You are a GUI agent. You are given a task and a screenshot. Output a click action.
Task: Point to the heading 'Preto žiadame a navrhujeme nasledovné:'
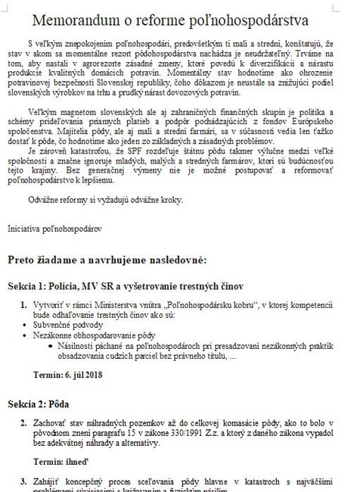pos(107,260)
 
